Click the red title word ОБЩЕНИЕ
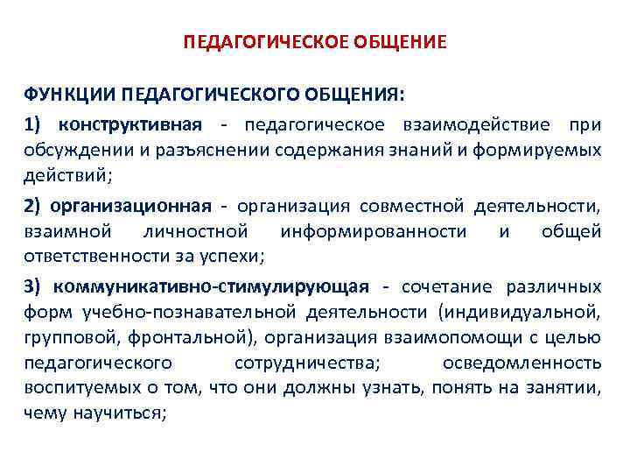coord(403,42)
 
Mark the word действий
coord(65,174)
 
